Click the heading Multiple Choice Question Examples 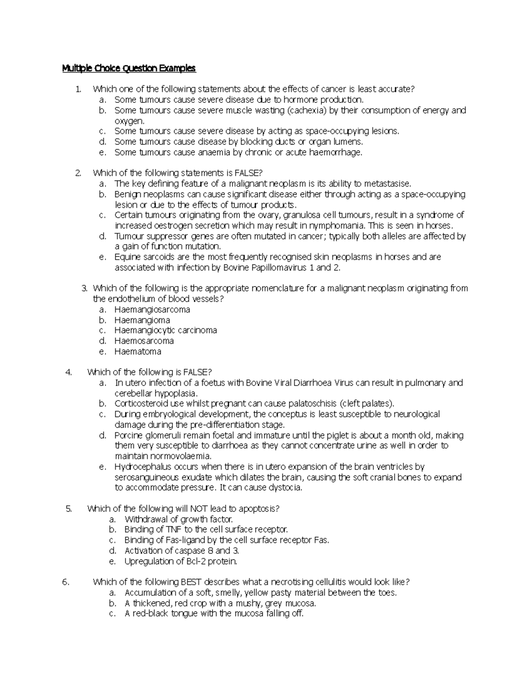(129, 68)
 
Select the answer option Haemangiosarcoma (152, 309)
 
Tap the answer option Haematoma (137, 351)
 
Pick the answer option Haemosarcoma (144, 341)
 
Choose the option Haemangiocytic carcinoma (165, 330)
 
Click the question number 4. (68, 372)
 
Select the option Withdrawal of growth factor (178, 519)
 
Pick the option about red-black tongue (214, 614)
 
